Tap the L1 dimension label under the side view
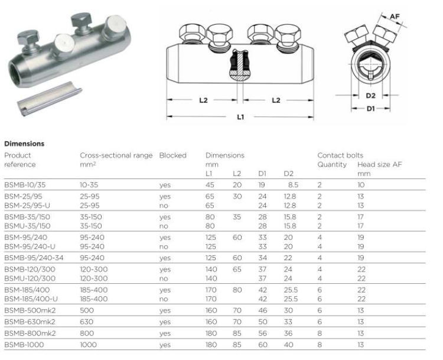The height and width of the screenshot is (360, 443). click(x=240, y=117)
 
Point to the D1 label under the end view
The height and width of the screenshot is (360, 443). click(x=369, y=109)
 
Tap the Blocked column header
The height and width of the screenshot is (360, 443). click(x=172, y=155)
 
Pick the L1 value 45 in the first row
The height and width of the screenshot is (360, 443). click(x=210, y=185)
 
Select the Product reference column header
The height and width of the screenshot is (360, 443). click(x=20, y=160)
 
